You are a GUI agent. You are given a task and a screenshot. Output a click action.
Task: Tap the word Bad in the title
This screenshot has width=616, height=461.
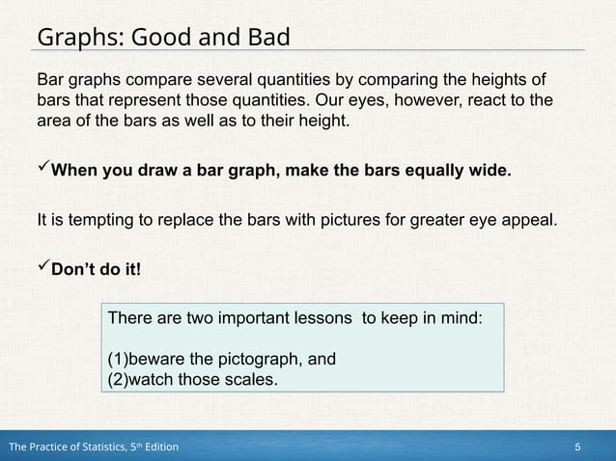coord(263,37)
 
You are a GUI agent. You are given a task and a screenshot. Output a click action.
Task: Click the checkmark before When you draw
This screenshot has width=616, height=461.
coord(42,171)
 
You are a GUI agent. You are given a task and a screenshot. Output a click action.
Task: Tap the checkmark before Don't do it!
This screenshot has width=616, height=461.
coord(42,266)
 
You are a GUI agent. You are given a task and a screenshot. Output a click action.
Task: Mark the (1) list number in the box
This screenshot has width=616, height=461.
coord(117,360)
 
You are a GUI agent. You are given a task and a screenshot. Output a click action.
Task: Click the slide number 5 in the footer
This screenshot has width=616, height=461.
coord(576,447)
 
